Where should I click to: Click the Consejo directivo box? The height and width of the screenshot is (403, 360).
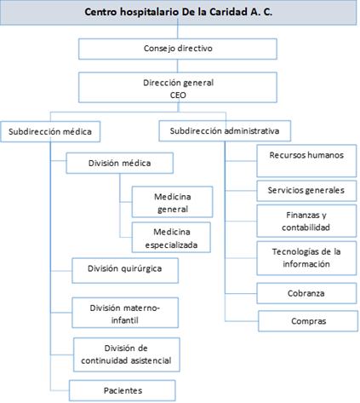pyautogui.click(x=178, y=49)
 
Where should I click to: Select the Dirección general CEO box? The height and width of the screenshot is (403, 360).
pyautogui.click(x=178, y=87)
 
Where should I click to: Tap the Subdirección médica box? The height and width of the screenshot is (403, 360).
pyautogui.click(x=50, y=131)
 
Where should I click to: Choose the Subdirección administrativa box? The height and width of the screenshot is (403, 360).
pyautogui.click(x=225, y=131)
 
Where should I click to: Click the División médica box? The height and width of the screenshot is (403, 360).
pyautogui.click(x=119, y=163)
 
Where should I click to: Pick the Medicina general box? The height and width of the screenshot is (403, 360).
pyautogui.click(x=172, y=202)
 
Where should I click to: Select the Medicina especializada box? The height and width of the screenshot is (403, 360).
pyautogui.click(x=171, y=238)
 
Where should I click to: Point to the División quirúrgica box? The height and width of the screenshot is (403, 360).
pyautogui.click(x=125, y=270)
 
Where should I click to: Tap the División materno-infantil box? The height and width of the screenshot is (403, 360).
pyautogui.click(x=125, y=313)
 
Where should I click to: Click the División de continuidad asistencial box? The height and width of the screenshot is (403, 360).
pyautogui.click(x=127, y=354)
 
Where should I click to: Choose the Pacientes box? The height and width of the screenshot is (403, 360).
pyautogui.click(x=123, y=390)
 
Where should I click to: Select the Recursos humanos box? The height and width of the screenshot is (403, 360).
pyautogui.click(x=306, y=161)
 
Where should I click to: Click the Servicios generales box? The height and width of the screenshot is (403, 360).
pyautogui.click(x=306, y=191)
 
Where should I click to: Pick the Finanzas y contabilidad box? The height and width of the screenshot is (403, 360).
pyautogui.click(x=306, y=221)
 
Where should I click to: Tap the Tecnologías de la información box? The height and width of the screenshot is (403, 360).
pyautogui.click(x=306, y=258)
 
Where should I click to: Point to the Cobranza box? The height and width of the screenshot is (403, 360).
pyautogui.click(x=306, y=293)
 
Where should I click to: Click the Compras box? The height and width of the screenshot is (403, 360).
pyautogui.click(x=308, y=321)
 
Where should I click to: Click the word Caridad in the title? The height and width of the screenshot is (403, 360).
pyautogui.click(x=228, y=12)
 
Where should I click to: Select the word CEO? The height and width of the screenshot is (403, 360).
pyautogui.click(x=178, y=95)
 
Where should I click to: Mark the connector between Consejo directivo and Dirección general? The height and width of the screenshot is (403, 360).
pyautogui.click(x=178, y=66)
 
